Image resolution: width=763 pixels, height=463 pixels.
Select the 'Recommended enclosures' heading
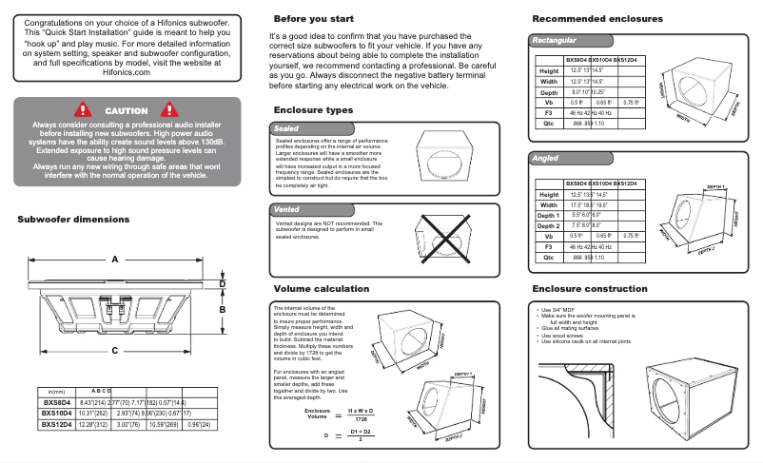[597, 19]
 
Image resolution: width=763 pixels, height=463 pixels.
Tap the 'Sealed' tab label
[286, 127]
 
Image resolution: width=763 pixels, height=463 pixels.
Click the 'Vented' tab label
[287, 209]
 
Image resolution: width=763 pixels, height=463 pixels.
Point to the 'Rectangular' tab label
[555, 41]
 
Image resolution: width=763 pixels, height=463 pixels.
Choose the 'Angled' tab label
[546, 159]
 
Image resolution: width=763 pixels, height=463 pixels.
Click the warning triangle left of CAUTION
[83, 111]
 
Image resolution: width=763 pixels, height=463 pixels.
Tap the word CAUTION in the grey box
[127, 111]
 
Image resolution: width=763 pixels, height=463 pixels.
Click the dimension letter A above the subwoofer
[115, 260]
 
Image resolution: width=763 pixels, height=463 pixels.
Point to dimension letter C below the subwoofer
[115, 351]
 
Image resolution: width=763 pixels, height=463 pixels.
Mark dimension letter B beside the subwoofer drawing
[223, 309]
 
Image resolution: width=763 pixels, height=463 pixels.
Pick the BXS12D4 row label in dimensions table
[58, 425]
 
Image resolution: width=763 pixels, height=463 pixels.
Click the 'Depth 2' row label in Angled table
[549, 225]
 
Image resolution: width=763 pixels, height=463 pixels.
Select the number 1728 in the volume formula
[360, 418]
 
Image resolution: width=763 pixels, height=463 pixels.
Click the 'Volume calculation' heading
[322, 288]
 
